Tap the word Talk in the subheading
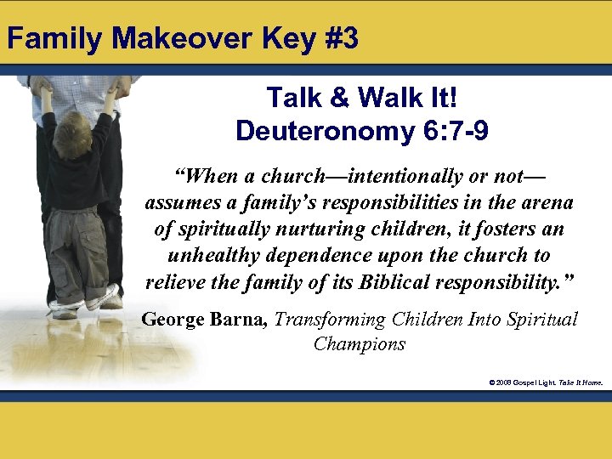[294, 98]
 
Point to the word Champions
[359, 344]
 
